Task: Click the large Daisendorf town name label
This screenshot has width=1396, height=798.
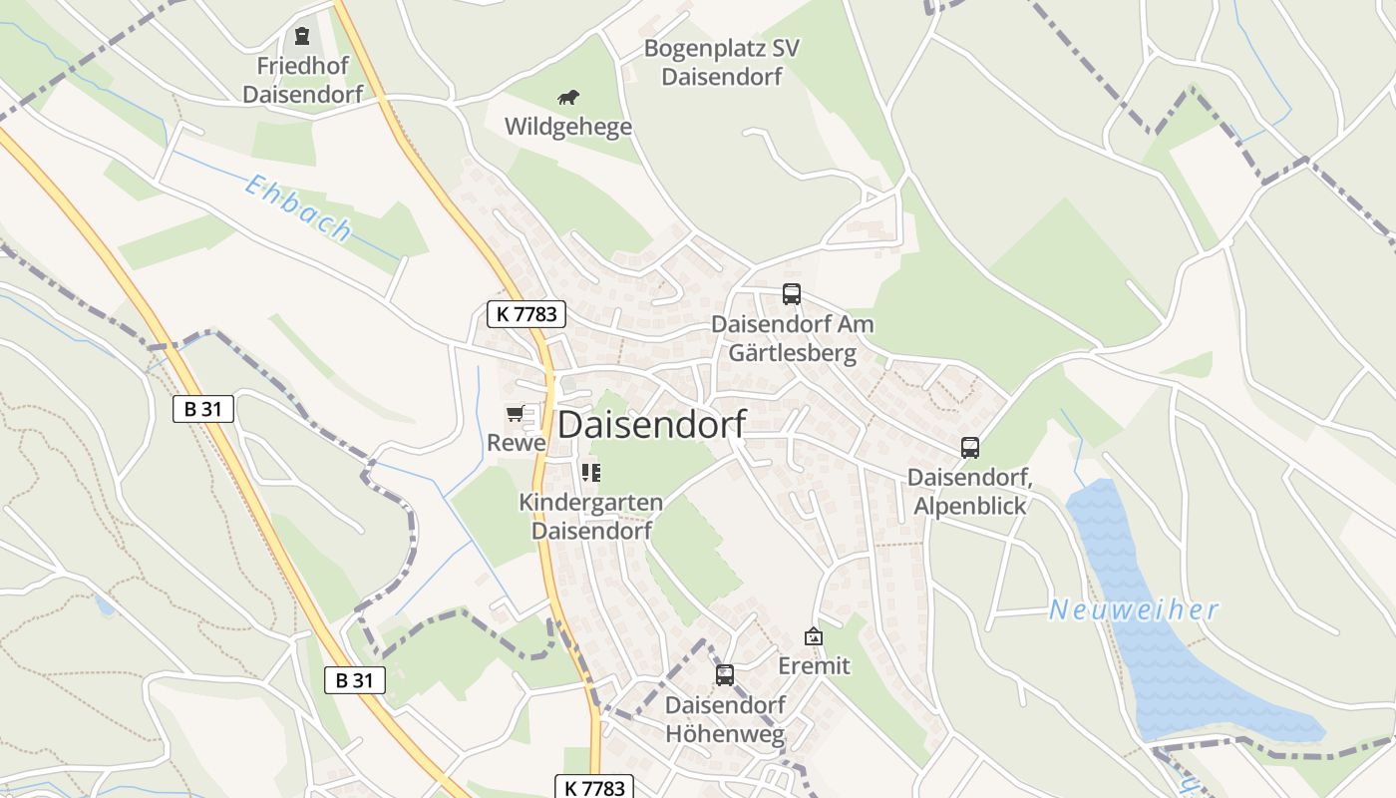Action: (651, 425)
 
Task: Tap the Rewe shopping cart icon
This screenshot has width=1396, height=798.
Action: (515, 413)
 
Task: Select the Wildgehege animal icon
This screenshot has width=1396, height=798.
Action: (568, 98)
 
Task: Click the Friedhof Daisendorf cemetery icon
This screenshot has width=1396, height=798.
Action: (301, 37)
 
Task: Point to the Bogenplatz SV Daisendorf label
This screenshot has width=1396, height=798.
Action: (722, 62)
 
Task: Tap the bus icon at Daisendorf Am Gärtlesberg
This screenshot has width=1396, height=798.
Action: (791, 294)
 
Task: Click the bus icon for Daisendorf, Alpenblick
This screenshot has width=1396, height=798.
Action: (969, 448)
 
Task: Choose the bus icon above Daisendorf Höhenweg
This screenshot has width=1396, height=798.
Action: (725, 675)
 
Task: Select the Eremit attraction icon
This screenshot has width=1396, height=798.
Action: (814, 636)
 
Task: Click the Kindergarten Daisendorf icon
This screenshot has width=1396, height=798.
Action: (591, 472)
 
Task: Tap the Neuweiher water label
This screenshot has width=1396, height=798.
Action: (1134, 609)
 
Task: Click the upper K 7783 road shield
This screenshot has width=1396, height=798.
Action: (527, 314)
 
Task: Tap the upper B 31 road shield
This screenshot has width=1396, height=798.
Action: (203, 408)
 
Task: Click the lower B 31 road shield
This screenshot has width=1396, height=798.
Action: (355, 680)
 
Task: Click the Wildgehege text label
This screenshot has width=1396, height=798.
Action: (568, 127)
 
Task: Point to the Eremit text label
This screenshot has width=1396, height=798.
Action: (814, 665)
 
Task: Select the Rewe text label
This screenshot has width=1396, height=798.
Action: (517, 442)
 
